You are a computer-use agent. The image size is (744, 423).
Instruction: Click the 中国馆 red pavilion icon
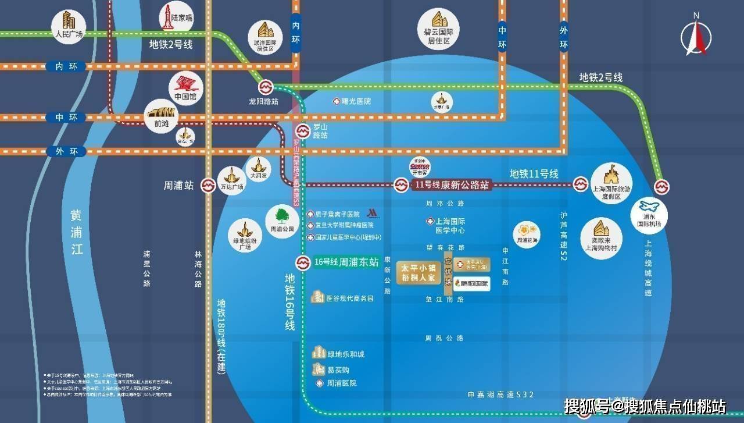tap(186, 88)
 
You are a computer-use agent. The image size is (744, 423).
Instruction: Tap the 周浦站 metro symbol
tap(208, 186)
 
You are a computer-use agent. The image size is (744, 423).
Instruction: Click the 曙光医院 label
tap(356, 101)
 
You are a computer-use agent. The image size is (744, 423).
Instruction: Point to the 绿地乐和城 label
tap(346, 354)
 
